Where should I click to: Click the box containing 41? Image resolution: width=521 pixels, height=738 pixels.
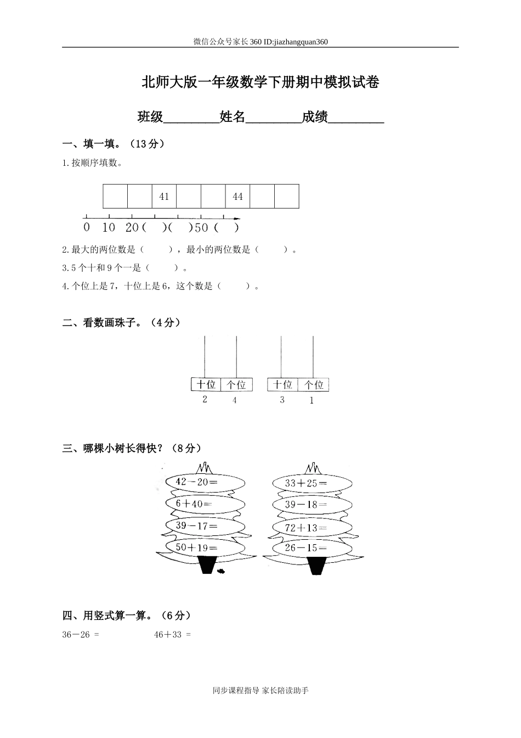164,197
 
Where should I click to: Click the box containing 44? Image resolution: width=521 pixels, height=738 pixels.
237,197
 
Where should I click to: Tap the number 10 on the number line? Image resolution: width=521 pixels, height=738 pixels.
109,227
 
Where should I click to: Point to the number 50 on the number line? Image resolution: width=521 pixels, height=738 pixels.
201,227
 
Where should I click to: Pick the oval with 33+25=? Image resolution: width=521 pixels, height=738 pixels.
313,483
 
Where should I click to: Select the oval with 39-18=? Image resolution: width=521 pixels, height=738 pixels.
313,505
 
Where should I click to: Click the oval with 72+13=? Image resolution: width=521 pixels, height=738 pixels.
313,528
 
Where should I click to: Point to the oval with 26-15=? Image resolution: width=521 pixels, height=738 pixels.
313,547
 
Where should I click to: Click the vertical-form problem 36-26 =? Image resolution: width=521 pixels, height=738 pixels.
81,635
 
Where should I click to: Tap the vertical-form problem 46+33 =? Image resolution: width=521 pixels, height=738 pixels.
172,635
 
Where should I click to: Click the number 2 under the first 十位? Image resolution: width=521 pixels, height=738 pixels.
205,399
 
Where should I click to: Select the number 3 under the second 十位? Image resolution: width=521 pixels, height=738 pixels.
282,400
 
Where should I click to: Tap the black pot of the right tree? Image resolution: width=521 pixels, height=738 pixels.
316,566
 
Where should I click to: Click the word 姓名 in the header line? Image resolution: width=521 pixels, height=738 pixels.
232,116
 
